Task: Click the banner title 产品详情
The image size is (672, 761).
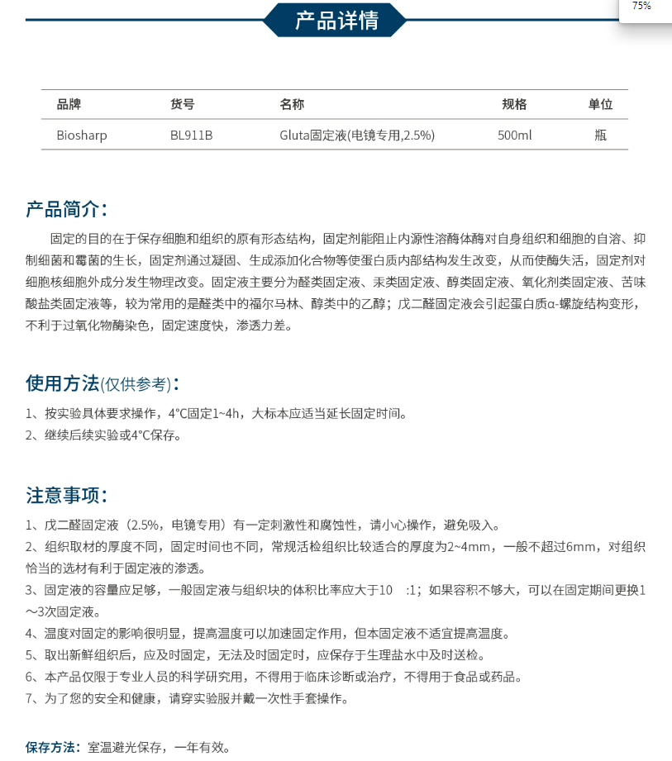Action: tap(336, 20)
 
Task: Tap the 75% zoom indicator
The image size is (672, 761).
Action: tap(641, 7)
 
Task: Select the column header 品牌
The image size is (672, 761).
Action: tap(69, 104)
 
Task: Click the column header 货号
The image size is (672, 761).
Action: tap(182, 104)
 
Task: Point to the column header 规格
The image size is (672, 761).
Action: tap(514, 104)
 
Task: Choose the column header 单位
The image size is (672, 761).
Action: tap(600, 104)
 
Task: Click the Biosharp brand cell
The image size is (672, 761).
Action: tap(81, 135)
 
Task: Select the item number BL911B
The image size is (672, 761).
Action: tap(191, 135)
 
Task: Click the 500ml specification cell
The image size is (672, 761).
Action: tap(514, 135)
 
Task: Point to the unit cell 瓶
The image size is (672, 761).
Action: tap(600, 135)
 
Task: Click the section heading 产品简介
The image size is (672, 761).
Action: tap(66, 208)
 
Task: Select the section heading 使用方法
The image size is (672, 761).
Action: tap(63, 383)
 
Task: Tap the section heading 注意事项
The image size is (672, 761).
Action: tap(66, 495)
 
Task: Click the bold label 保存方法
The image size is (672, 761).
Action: tap(54, 748)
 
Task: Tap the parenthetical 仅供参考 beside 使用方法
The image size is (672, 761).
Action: tap(136, 384)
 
